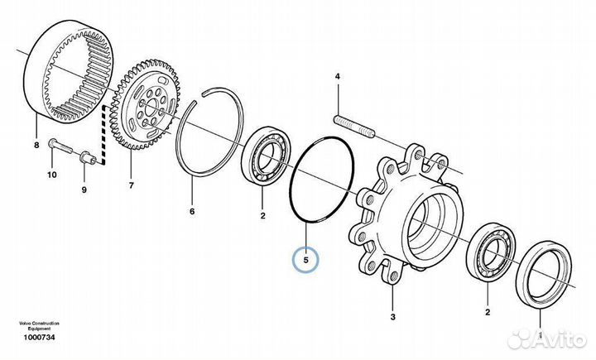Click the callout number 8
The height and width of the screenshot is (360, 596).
36,146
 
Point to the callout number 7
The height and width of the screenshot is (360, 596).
130,185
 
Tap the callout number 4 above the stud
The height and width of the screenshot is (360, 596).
337,77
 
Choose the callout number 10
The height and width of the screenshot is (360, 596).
51,175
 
